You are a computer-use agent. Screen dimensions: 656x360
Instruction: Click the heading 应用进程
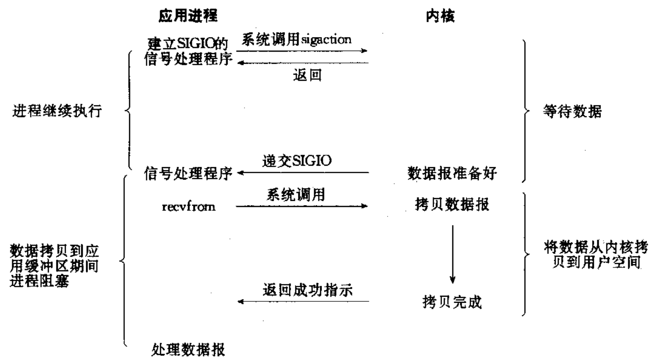point(186,17)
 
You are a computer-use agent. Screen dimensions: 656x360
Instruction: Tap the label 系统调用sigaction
point(296,40)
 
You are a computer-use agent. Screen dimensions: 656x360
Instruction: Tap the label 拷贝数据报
point(452,206)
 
